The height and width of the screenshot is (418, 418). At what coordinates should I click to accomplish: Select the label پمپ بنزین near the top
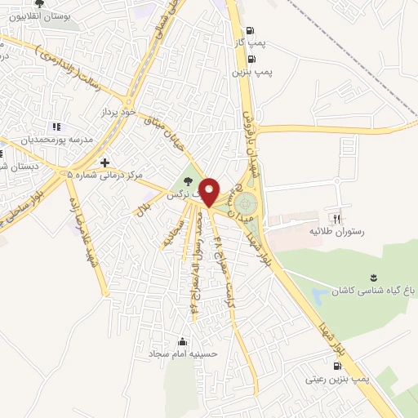point(251,72)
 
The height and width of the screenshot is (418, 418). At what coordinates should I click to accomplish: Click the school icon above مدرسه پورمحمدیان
point(56,127)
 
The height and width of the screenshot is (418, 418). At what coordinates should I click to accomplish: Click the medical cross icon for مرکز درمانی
point(104,162)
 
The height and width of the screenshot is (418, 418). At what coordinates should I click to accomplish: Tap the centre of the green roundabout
point(246,201)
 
